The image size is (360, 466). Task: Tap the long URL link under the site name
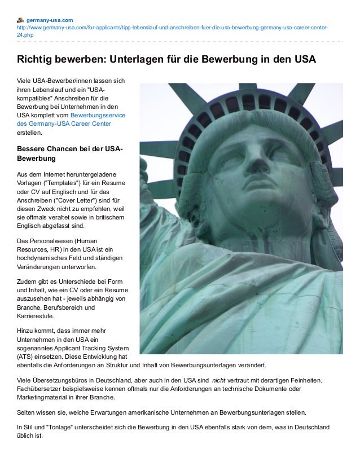[x=169, y=27]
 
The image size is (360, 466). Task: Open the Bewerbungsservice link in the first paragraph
[x=102, y=115]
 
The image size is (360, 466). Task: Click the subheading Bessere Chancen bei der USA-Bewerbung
[x=68, y=153]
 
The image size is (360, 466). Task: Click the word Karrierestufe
[x=37, y=316]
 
